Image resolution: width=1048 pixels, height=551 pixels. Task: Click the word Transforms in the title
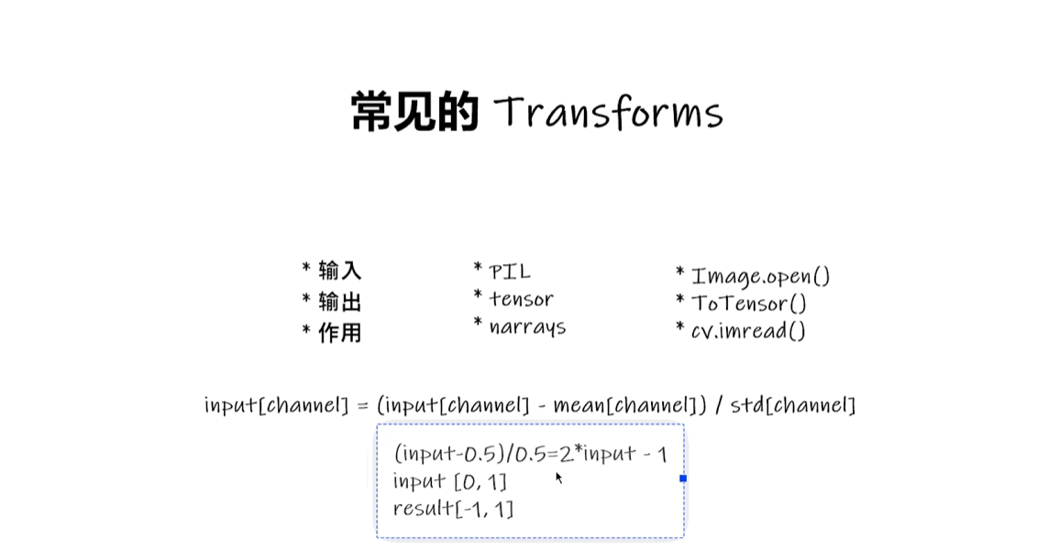pos(609,114)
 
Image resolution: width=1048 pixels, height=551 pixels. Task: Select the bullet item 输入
pos(340,270)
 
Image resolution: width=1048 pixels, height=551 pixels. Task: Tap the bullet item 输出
pos(340,302)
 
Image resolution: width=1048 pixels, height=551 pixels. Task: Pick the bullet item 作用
pos(340,333)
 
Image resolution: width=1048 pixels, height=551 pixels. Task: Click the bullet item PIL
pos(510,271)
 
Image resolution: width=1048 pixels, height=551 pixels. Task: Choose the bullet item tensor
pos(521,299)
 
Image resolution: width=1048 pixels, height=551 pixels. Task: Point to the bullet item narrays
pos(527,327)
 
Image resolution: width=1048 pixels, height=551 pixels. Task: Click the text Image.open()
pos(760,276)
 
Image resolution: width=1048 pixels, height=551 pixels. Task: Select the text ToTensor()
pos(748,303)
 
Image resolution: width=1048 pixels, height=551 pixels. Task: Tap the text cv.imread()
pos(748,331)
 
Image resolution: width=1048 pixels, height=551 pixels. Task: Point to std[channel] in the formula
pos(793,405)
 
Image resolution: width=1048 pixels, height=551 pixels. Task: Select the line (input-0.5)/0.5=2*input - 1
pos(530,454)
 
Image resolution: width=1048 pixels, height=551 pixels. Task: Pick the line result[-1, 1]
pos(453,509)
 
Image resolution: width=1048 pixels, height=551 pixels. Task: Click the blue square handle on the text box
pos(683,479)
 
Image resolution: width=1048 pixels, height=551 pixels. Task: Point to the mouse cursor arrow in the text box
pos(558,477)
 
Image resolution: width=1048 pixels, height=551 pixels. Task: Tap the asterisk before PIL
pos(478,269)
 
